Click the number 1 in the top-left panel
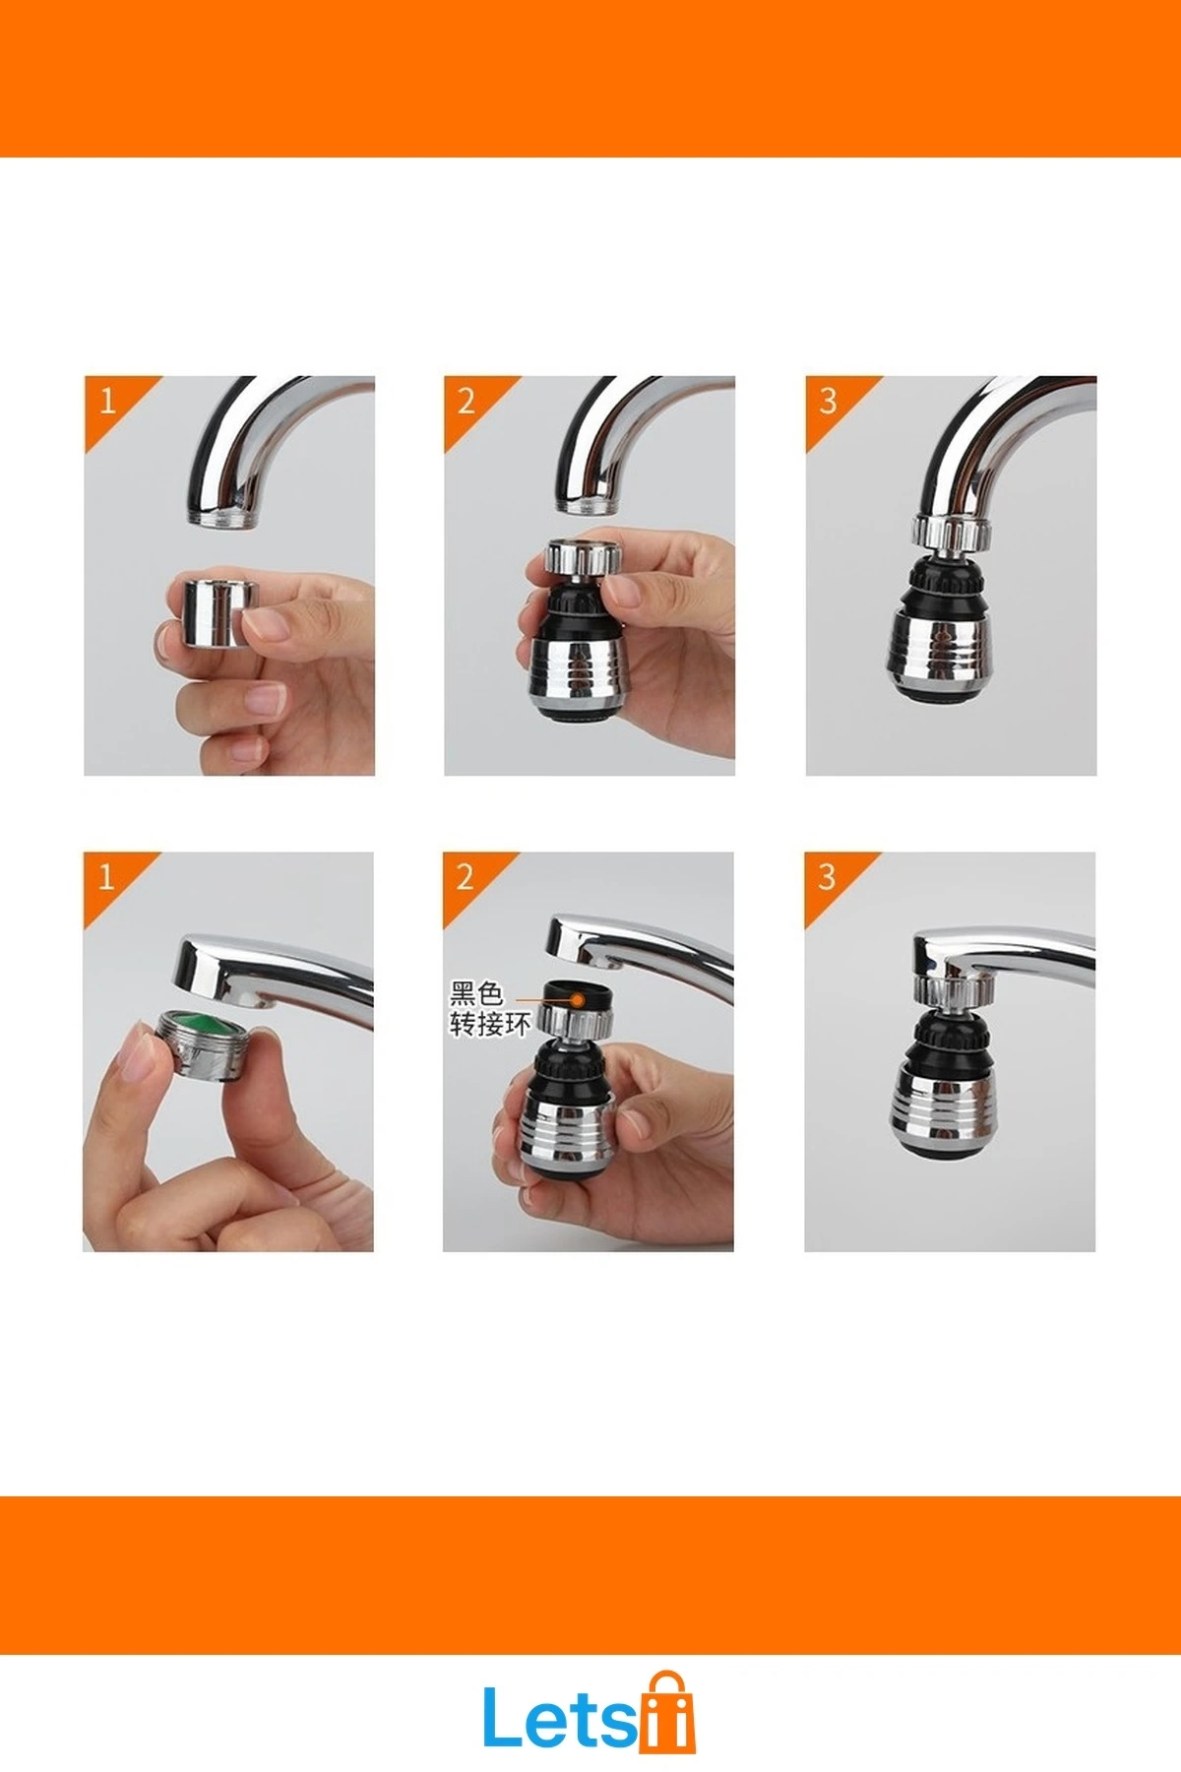[107, 401]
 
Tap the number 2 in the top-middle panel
[466, 401]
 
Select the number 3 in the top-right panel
[828, 401]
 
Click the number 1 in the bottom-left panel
[106, 876]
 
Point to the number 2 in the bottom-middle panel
[466, 876]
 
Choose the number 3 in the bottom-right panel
[827, 876]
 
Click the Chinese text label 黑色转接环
[489, 1009]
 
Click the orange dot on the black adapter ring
[580, 1000]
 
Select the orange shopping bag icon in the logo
[667, 1715]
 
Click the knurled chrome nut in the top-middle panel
[582, 558]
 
